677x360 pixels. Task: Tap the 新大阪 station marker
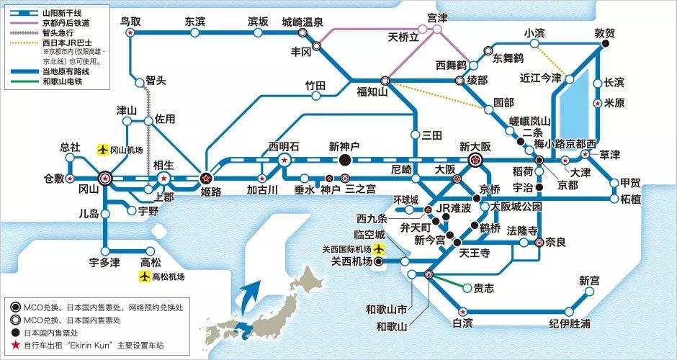point(475,160)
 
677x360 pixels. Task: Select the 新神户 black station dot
point(344,160)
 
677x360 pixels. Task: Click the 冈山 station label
point(87,192)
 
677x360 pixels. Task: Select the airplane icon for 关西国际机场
point(380,249)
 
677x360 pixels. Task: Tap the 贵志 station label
point(483,288)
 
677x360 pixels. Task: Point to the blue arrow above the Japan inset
point(253,294)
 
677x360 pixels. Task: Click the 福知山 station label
point(372,91)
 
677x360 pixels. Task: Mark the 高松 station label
point(151,262)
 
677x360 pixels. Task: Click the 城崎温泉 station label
point(302,21)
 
